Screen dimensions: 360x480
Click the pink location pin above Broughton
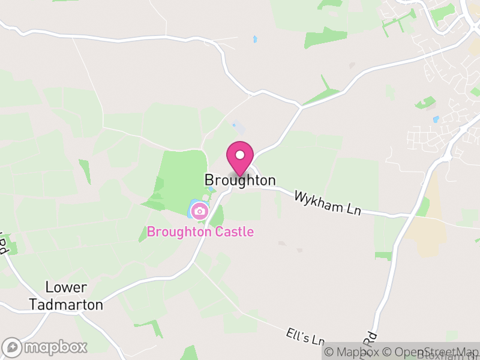point(240,158)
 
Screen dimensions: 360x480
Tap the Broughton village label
point(240,180)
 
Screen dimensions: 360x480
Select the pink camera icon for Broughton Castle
point(200,211)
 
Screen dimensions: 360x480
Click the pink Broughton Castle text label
point(200,232)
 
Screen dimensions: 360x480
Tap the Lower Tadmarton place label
point(66,296)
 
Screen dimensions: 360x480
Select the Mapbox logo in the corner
point(46,347)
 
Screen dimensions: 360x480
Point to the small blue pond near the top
point(255,40)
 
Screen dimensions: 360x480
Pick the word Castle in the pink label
point(232,232)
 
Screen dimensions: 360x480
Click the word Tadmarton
point(66,305)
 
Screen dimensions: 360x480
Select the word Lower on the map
point(66,288)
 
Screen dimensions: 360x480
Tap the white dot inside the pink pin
point(240,155)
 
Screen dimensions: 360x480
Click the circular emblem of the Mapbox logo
point(13,347)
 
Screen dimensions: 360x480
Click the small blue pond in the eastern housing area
point(436,119)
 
